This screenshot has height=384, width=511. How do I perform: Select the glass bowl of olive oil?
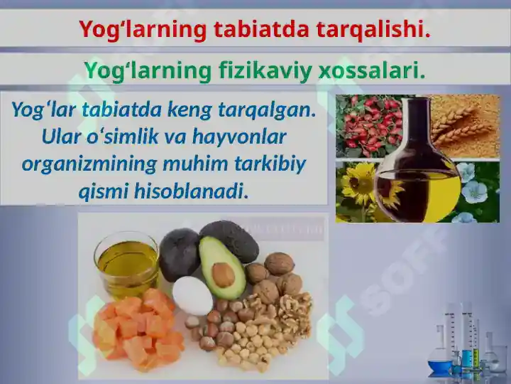[126, 264]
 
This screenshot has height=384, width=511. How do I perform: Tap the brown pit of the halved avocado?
[223, 274]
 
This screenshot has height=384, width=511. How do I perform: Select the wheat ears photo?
[465, 124]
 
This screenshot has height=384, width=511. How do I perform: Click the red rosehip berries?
[369, 124]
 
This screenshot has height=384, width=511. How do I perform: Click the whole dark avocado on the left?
[179, 254]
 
